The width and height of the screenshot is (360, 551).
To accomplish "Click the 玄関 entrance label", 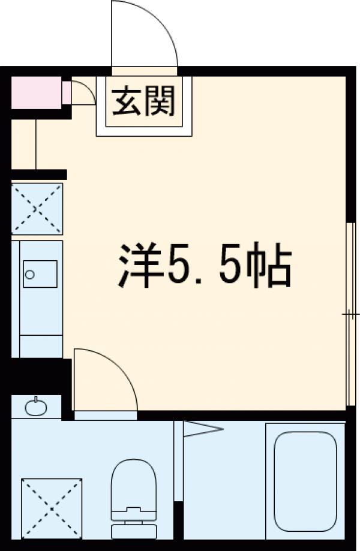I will [145, 100].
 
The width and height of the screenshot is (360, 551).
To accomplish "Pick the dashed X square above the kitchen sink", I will [37, 208].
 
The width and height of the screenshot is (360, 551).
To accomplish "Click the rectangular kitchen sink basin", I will [40, 273].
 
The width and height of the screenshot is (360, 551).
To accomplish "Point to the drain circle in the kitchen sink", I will [29, 275].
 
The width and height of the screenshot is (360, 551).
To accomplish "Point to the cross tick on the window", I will [348, 314].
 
